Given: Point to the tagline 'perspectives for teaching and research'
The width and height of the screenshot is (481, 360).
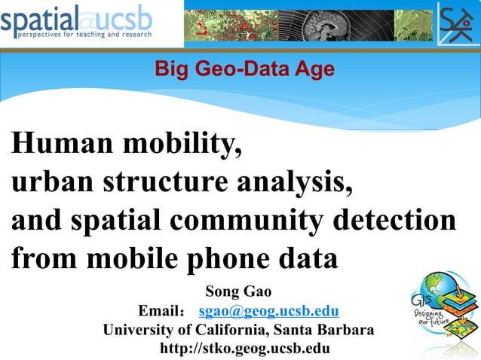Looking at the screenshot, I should [84, 35].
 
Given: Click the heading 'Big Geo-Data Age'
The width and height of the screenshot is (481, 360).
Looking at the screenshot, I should [244, 70].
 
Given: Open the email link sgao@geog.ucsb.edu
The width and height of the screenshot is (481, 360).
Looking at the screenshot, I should [268, 311].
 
